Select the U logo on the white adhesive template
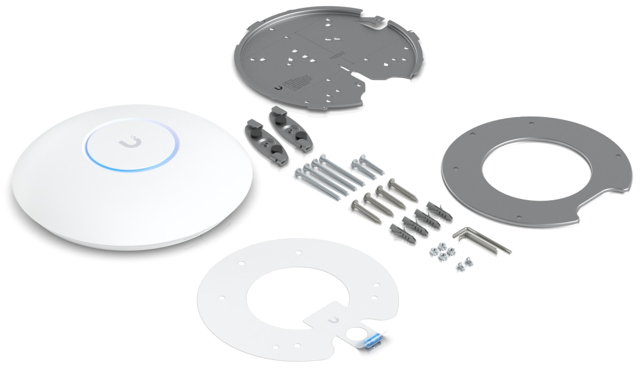click(x=334, y=318)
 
